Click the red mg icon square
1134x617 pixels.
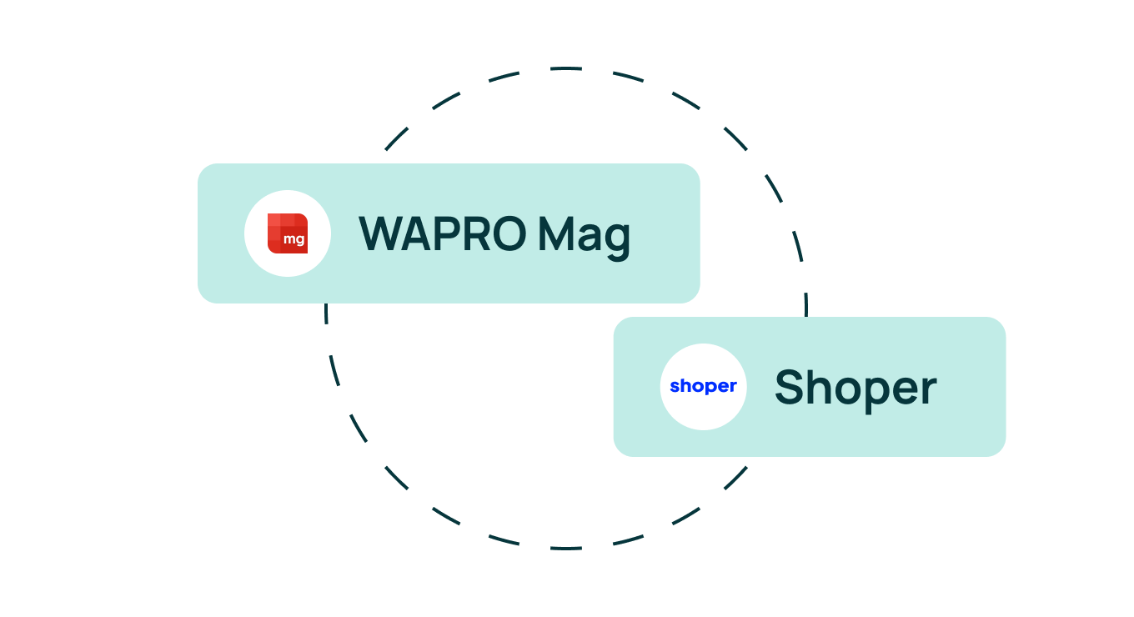pyautogui.click(x=288, y=233)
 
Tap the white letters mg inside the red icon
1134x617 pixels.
pyautogui.click(x=294, y=239)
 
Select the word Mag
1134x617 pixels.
pyautogui.click(x=585, y=238)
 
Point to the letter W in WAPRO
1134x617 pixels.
pyautogui.click(x=381, y=233)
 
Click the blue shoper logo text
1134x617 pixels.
pyautogui.click(x=703, y=387)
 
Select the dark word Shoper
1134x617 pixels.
pyautogui.click(x=856, y=389)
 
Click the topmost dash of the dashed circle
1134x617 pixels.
pyautogui.click(x=566, y=68)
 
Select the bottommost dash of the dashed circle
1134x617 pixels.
pyautogui.click(x=566, y=548)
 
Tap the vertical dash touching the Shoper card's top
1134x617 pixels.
pyautogui.click(x=806, y=304)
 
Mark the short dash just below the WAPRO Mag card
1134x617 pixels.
pyautogui.click(x=326, y=314)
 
